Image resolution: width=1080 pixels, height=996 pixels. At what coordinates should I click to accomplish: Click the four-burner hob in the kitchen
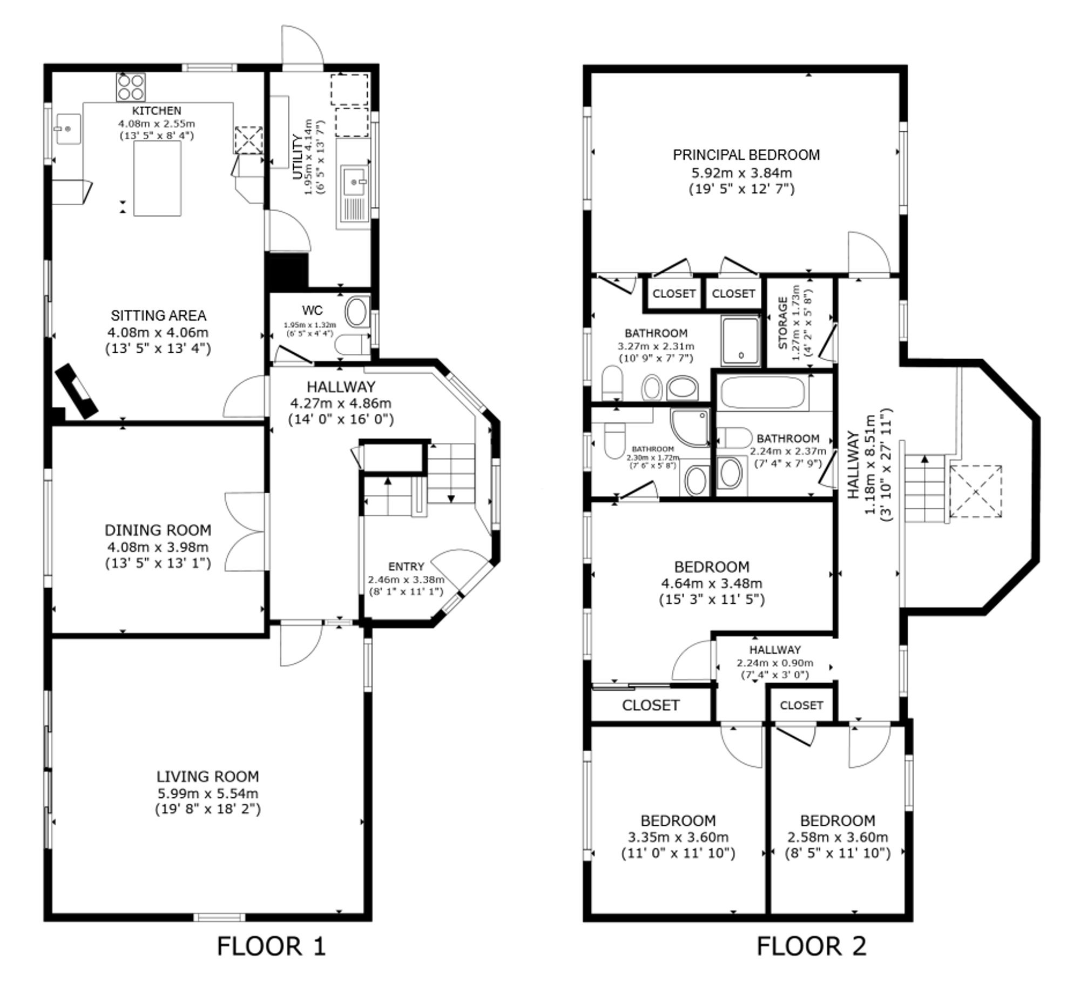[131, 87]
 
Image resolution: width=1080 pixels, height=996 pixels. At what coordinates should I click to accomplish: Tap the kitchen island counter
[157, 178]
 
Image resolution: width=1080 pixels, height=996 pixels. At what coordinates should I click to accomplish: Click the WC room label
[312, 310]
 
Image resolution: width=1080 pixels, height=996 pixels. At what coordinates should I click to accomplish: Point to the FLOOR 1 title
[272, 946]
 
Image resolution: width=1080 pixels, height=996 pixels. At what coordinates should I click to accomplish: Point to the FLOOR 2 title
[812, 946]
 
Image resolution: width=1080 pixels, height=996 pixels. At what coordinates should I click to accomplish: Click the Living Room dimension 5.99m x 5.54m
[208, 793]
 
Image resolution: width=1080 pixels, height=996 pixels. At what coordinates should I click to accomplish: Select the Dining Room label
[158, 530]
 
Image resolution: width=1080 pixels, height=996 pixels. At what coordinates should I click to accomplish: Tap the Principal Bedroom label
[746, 155]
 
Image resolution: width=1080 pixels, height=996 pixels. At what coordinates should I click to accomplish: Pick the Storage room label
[783, 322]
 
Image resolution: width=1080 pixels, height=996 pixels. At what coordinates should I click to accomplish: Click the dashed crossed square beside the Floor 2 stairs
[975, 492]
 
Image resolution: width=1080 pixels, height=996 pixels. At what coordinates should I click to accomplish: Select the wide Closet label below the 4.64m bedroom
[650, 705]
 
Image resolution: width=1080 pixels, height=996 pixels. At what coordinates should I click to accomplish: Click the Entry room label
[406, 567]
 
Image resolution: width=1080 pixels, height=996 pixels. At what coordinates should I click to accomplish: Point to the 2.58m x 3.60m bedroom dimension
[838, 837]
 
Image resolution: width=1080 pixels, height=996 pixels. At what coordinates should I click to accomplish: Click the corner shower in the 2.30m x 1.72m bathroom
[690, 427]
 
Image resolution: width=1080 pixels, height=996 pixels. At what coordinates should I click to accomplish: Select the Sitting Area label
[158, 315]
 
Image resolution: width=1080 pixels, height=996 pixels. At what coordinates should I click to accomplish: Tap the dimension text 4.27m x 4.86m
[341, 403]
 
